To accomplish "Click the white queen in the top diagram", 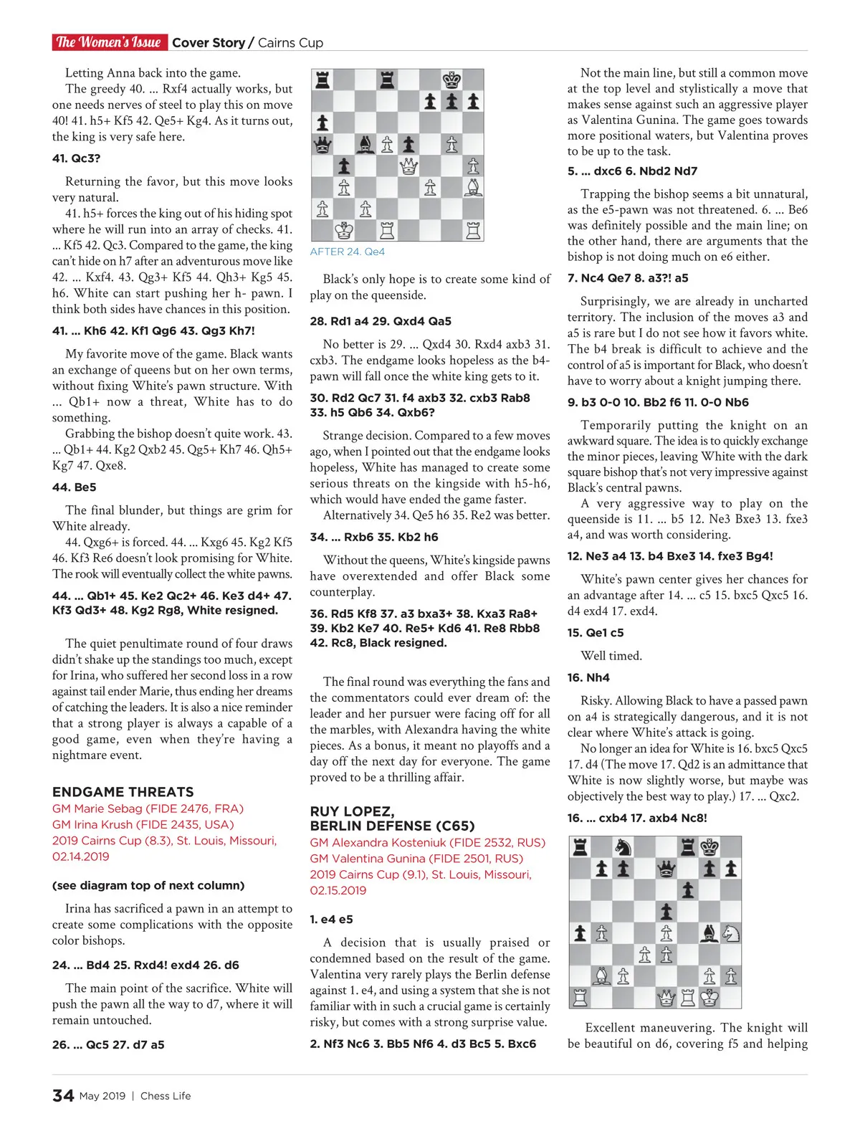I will [x=408, y=166].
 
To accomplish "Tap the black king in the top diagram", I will [x=451, y=80].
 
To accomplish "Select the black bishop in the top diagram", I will [x=365, y=144].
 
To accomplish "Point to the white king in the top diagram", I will [x=344, y=231].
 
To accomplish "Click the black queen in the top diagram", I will [x=322, y=144].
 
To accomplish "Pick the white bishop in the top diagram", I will [x=473, y=188].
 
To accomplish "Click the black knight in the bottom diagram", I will [x=623, y=847].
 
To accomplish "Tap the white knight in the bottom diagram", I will [x=731, y=933].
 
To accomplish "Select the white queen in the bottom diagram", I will [x=666, y=997].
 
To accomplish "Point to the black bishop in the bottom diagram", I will [x=709, y=933].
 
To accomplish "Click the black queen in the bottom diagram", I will [x=666, y=869].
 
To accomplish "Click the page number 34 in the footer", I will [x=63, y=1095].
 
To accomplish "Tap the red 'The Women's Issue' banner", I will [x=109, y=42].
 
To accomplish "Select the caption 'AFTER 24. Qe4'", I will [x=348, y=252].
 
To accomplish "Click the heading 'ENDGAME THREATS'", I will [x=123, y=792].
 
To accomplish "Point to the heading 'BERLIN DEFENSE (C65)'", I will [x=392, y=826].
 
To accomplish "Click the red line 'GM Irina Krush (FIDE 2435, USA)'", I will [x=143, y=824].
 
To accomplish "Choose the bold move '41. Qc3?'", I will [x=76, y=158].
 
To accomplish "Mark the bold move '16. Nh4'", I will [x=588, y=677].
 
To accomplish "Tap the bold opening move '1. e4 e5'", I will [x=331, y=919].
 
